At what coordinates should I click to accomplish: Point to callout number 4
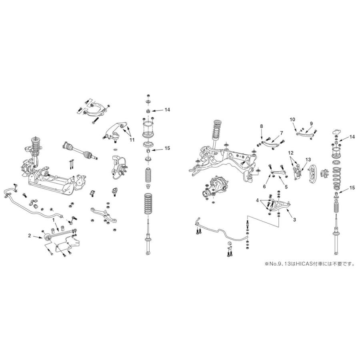click(x=257, y=199)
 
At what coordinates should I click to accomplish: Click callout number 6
click(x=264, y=186)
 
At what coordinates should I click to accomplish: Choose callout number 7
click(x=281, y=132)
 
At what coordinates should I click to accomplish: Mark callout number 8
click(x=261, y=126)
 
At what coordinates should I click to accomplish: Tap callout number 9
click(x=311, y=123)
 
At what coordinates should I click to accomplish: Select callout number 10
click(x=292, y=119)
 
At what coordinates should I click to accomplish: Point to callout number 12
click(x=291, y=152)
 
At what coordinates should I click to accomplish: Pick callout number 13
click(x=308, y=159)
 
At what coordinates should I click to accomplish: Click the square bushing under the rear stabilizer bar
click(x=230, y=244)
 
